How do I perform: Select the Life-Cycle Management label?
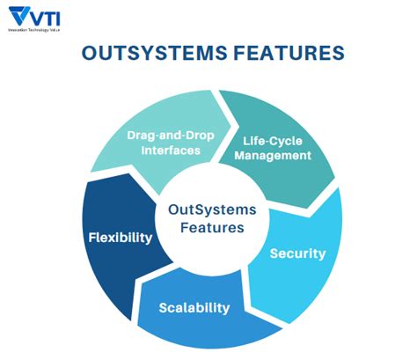click(276, 147)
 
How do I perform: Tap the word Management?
click(276, 155)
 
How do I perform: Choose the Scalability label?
click(194, 307)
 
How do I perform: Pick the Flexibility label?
click(121, 238)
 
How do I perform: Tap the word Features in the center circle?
click(207, 228)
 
